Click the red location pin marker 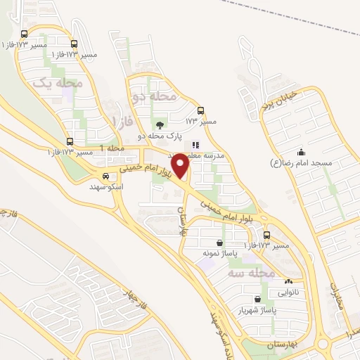point(181,165)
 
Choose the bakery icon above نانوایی point(288,282)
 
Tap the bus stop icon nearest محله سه point(266,235)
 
